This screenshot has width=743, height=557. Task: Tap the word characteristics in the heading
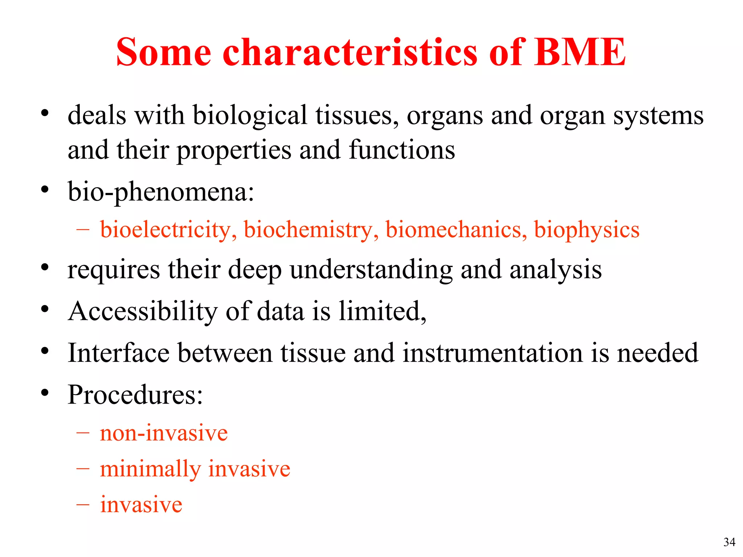point(350,53)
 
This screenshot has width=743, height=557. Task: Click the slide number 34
point(729,542)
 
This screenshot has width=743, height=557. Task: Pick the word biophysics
point(587,230)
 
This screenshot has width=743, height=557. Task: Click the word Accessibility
point(143,311)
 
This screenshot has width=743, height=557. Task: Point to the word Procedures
point(135,395)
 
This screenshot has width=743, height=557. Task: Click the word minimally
point(150,469)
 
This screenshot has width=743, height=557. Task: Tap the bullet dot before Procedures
point(45,392)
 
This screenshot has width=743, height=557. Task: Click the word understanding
point(371,270)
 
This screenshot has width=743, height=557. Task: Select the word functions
point(402,150)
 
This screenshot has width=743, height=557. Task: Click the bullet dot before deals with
point(45,113)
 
